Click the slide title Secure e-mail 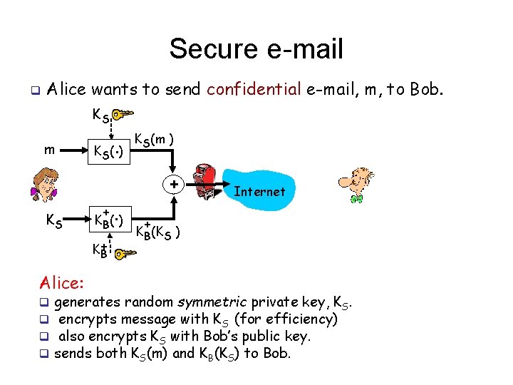tap(256, 49)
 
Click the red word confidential tap(254, 90)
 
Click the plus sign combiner tap(173, 185)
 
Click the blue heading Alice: tap(63, 282)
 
